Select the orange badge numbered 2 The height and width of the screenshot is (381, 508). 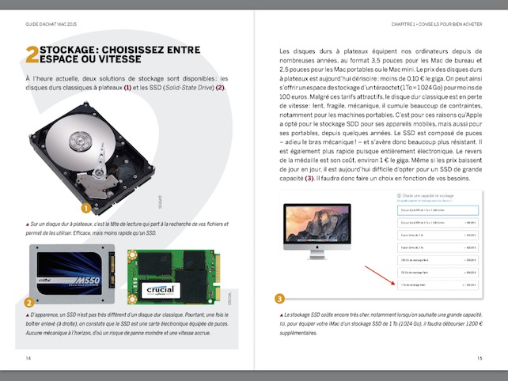(x=28, y=302)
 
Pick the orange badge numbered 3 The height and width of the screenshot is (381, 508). (x=279, y=298)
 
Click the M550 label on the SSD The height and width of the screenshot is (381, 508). (x=87, y=281)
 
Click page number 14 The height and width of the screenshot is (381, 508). (x=28, y=357)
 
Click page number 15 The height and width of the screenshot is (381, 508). (x=479, y=357)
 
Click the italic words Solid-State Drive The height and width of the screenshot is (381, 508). (x=184, y=87)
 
